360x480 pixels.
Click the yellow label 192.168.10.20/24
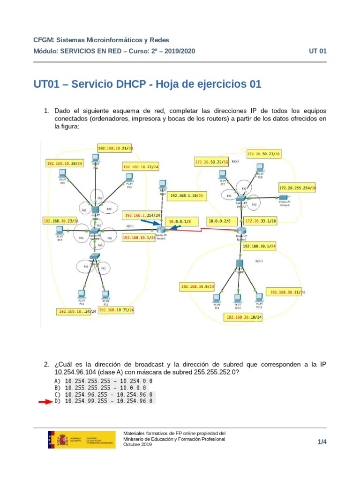64,163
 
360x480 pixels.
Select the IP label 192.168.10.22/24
141,166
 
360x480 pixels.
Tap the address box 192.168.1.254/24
142,216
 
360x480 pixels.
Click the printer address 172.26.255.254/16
298,187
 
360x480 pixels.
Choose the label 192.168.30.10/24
244,317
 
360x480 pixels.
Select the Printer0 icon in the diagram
283,198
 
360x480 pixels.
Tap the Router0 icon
241,231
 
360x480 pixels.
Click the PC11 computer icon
259,298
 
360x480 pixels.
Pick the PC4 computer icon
82,294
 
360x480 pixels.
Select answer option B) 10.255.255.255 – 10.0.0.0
106,388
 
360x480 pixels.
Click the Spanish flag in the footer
51,440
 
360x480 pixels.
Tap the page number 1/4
322,442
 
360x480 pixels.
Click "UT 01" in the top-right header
317,51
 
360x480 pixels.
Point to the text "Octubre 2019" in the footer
137,444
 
